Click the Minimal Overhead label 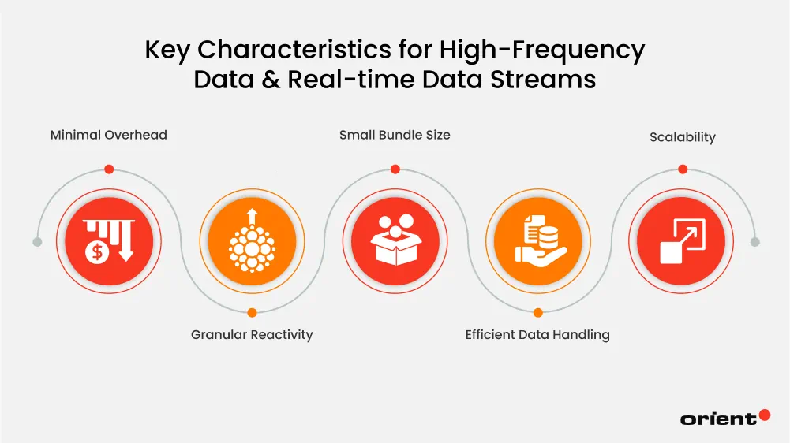coord(109,135)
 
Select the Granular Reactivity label coord(252,335)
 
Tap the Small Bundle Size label coord(395,135)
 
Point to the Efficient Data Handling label coord(537,335)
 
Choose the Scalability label coord(682,137)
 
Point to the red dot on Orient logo coord(764,415)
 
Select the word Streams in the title coord(545,80)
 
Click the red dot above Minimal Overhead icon coord(109,169)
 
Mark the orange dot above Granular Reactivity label coord(252,313)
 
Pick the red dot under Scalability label coord(682,169)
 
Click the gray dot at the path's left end coord(37,242)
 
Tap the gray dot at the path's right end coord(754,242)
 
